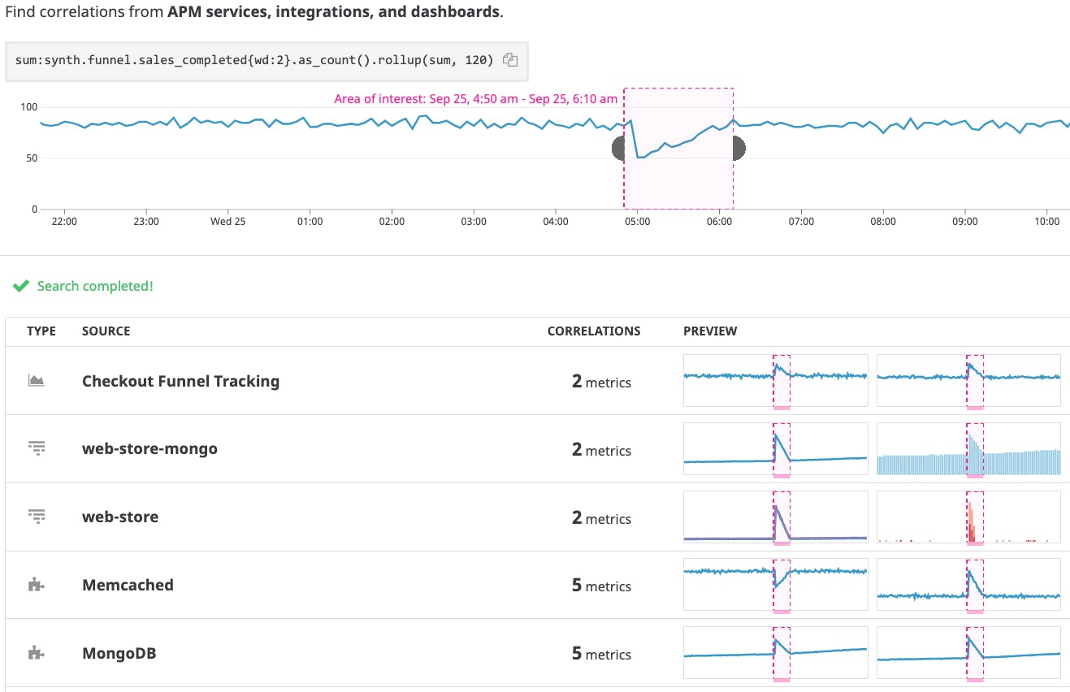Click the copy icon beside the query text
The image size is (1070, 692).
[510, 59]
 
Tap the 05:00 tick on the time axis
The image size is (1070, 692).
[638, 222]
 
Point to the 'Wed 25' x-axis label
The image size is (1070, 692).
[227, 222]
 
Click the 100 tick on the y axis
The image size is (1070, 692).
[28, 107]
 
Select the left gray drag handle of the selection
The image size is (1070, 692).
[617, 149]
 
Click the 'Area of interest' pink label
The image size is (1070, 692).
[475, 99]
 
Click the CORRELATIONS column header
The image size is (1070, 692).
[593, 331]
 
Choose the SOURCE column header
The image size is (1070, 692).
[106, 331]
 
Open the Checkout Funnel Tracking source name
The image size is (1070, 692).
[180, 381]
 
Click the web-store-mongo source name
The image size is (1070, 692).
[149, 448]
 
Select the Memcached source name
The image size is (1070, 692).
[128, 585]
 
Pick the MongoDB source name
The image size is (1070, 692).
[119, 653]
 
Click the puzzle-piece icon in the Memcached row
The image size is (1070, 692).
[36, 585]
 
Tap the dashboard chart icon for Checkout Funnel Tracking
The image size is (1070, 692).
[36, 380]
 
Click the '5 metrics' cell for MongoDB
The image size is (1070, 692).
[601, 654]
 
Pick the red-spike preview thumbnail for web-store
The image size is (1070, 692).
[968, 517]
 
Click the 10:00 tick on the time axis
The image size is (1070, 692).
[1047, 222]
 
